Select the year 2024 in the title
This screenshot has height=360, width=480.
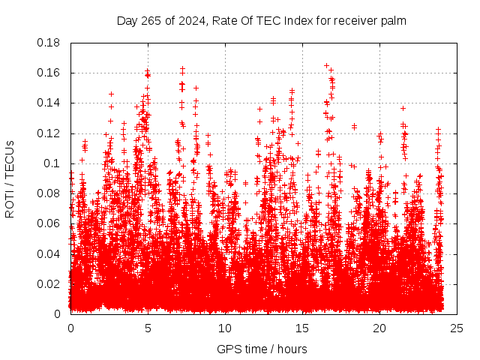tap(188, 21)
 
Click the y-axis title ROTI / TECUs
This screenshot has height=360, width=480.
tap(10, 178)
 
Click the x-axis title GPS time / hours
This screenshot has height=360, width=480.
tap(262, 349)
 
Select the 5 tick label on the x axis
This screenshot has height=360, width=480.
tap(148, 328)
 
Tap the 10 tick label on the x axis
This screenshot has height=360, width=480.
tap(225, 328)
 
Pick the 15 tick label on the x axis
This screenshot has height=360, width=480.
tap(302, 328)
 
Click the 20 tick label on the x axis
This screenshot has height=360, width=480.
tap(379, 328)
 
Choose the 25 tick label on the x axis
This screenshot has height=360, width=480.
tap(457, 328)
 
